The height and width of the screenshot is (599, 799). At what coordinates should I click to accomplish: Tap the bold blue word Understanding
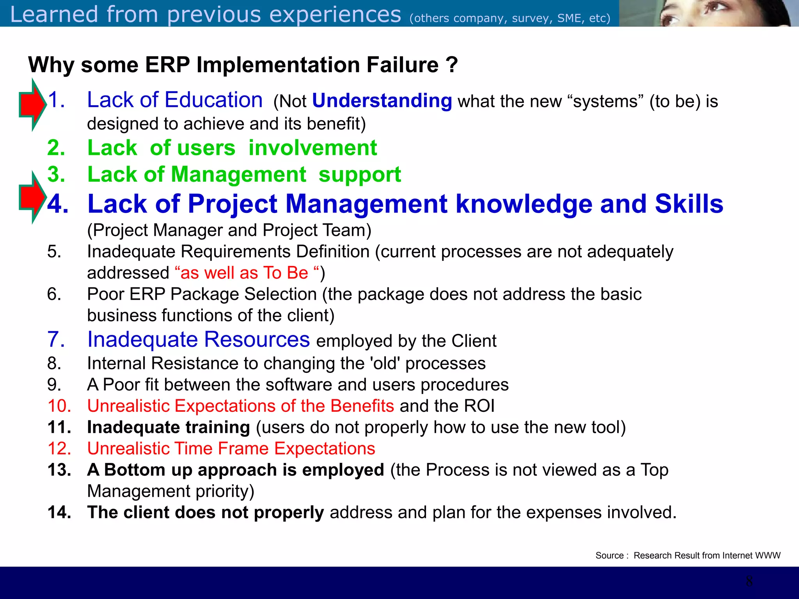coord(382,101)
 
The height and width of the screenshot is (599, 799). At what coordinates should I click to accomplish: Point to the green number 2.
coord(56,148)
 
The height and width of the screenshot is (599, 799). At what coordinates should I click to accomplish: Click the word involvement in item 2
coord(312,148)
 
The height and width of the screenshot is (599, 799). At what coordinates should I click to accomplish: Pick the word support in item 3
coord(359,174)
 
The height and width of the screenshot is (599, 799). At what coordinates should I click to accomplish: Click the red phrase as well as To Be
coord(244,273)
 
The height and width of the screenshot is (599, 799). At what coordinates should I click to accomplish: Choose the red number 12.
coord(59,448)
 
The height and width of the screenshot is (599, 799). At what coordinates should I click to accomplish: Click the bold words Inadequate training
coord(168,427)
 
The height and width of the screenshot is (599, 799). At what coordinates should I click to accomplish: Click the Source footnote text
coord(687,555)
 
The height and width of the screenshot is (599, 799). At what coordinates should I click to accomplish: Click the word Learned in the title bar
coord(54,14)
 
